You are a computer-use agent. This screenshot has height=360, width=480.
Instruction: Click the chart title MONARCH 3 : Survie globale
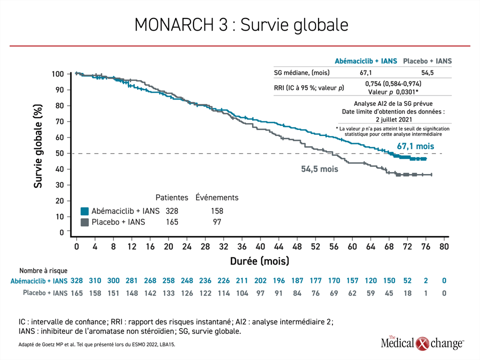[241, 25]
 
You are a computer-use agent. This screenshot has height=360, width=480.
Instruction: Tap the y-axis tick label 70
[59, 121]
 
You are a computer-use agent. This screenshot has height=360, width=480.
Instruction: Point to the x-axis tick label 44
[278, 246]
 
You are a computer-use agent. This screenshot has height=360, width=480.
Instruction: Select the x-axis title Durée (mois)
[259, 261]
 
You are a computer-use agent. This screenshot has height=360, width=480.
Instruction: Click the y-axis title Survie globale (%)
[37, 146]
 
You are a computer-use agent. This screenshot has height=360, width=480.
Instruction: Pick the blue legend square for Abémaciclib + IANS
[85, 211]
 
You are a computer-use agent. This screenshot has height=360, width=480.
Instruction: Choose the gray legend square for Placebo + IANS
[85, 222]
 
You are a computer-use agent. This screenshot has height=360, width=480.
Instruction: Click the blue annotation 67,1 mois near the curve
[415, 146]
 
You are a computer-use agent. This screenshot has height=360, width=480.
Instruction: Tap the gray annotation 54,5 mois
[319, 169]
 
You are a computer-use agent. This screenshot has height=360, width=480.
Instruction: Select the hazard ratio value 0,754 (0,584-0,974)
[393, 84]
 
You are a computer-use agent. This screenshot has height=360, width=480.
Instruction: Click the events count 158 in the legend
[217, 211]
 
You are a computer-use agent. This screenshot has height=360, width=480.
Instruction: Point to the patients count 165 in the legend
[172, 222]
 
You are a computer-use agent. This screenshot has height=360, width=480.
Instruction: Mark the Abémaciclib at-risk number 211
[242, 280]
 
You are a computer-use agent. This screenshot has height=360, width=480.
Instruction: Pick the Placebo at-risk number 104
[242, 293]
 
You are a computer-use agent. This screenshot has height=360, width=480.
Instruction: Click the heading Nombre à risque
[43, 270]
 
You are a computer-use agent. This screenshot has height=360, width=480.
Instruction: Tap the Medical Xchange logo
[422, 343]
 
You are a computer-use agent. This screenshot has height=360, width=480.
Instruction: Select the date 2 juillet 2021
[394, 119]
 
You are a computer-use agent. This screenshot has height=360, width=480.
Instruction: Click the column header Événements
[216, 197]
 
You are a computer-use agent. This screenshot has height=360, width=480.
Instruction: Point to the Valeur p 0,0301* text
[393, 92]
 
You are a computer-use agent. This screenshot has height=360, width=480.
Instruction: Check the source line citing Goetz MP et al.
[96, 344]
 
